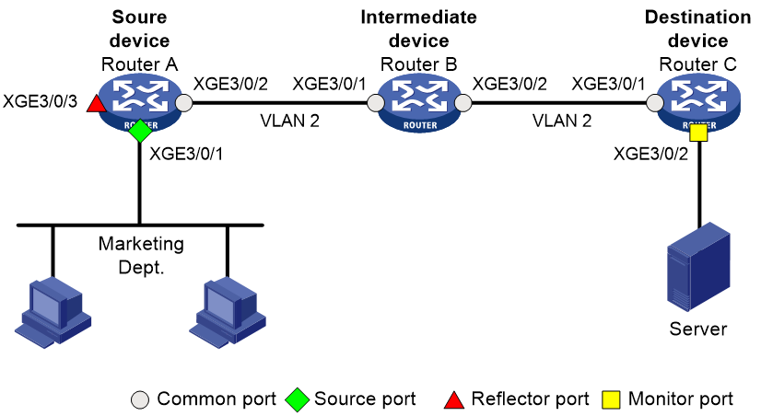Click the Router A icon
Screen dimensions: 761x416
click(140, 103)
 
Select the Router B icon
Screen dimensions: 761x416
click(419, 103)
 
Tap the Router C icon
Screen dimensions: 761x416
click(698, 103)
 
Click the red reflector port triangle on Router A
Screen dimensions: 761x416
click(97, 103)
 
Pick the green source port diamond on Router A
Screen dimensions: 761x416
click(140, 131)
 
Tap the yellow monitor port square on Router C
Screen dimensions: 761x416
click(699, 133)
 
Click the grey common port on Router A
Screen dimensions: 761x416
click(184, 103)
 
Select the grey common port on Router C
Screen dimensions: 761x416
click(655, 103)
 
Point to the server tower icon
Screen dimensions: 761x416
click(699, 266)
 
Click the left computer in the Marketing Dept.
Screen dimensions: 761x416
click(53, 313)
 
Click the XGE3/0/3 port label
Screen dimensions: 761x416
click(40, 102)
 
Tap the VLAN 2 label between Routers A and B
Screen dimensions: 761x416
click(289, 121)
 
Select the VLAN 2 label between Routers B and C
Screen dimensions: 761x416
click(562, 121)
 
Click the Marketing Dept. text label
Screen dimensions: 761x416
click(141, 255)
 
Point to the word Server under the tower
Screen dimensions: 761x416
click(698, 329)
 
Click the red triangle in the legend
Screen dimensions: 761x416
click(454, 399)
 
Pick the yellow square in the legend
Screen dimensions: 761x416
click(611, 399)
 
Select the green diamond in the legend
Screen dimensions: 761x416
click(297, 399)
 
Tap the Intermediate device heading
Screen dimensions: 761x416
click(418, 29)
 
